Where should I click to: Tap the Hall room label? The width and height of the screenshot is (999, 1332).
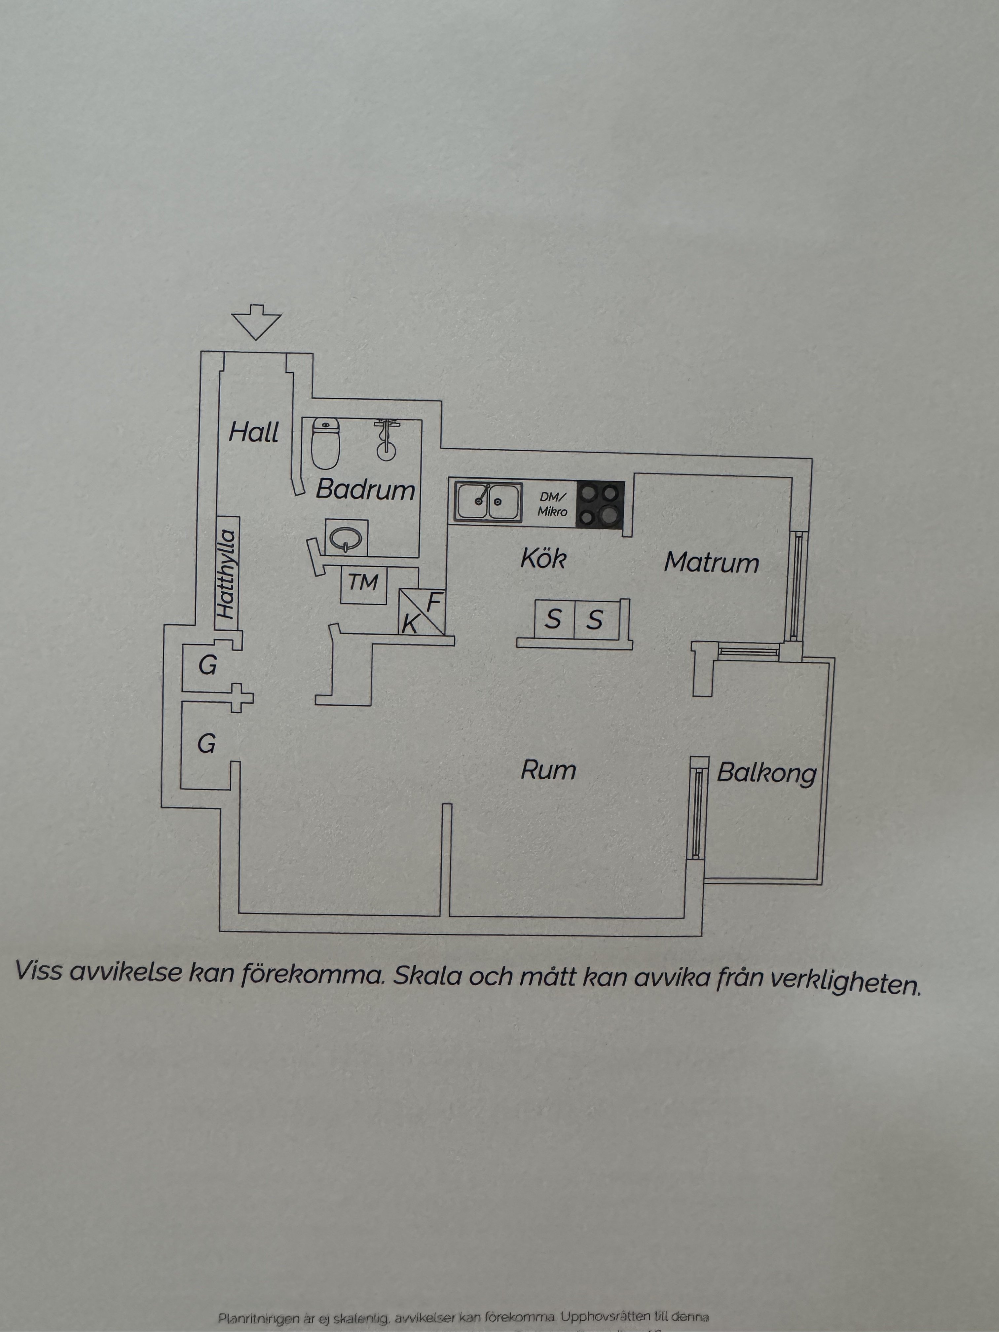pyautogui.click(x=253, y=432)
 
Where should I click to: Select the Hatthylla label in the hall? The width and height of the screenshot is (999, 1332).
pyautogui.click(x=226, y=574)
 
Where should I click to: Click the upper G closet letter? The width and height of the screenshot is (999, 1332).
pyautogui.click(x=207, y=666)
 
